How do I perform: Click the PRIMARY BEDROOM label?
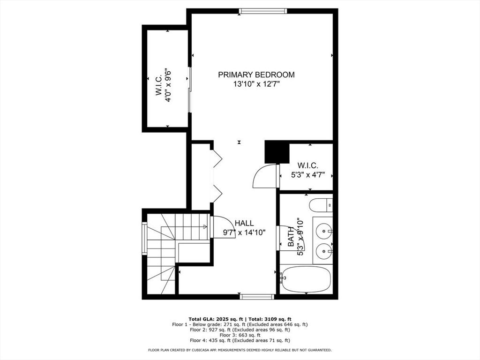(256, 75)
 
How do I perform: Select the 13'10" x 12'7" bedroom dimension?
(256, 84)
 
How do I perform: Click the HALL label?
(244, 223)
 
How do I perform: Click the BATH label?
(291, 237)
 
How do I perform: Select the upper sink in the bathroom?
(323, 231)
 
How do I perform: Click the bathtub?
(306, 279)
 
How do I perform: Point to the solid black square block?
(276, 152)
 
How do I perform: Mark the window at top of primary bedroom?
(262, 11)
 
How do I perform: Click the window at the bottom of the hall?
(257, 296)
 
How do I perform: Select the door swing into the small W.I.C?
(266, 176)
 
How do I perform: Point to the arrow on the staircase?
(205, 226)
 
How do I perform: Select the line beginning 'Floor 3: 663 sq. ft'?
(240, 335)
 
